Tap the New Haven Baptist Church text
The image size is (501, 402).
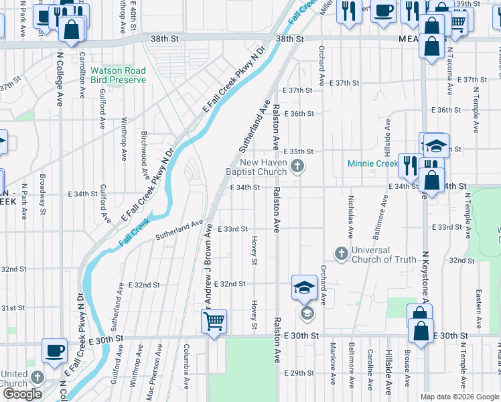pos(263,167)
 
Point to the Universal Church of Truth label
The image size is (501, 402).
pos(384,255)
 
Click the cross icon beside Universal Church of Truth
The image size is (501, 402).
pos(341,253)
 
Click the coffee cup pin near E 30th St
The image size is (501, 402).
pos(54,350)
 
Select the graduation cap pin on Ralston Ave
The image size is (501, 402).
pos(304,288)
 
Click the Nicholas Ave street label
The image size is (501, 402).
pos(350,216)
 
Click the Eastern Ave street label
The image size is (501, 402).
pos(478,309)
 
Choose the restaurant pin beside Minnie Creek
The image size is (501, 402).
pos(408,164)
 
